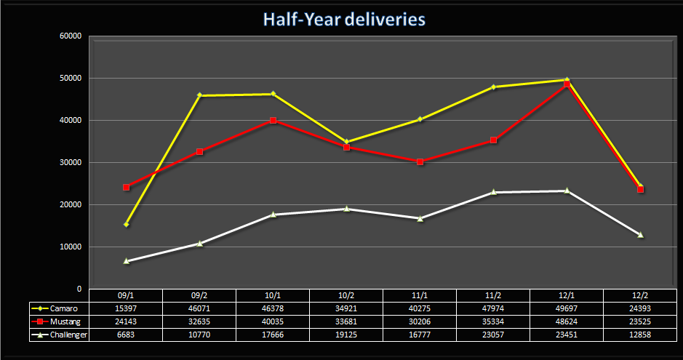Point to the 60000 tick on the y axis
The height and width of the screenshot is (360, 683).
coord(71,36)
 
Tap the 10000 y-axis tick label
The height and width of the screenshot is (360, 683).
coord(71,247)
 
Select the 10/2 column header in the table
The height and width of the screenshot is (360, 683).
coord(346,295)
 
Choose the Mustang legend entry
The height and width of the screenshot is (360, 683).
coord(62,321)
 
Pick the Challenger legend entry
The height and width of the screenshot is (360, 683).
coord(62,335)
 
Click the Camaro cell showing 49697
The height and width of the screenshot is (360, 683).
coord(567,308)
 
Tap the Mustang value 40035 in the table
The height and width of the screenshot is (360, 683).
coord(273,321)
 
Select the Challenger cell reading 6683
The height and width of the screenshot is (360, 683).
coord(126,335)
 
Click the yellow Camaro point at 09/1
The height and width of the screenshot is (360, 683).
coord(126,224)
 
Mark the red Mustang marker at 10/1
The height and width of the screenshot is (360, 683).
coord(273,120)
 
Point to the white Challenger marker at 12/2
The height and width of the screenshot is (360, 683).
coord(641,234)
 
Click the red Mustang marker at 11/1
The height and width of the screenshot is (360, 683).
coord(420,161)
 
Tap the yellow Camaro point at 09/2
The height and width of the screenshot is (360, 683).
coord(199,95)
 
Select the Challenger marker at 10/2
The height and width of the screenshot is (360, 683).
coord(346,209)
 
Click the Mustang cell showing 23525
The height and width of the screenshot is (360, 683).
coord(641,321)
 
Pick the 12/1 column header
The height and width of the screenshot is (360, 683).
coord(567,295)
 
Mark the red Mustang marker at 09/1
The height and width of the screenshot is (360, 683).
coord(126,187)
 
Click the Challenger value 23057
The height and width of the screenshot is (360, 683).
coord(493,335)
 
